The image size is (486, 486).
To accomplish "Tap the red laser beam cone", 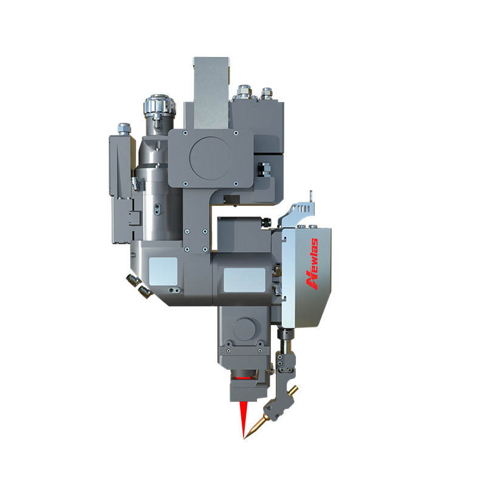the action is [x=244, y=419].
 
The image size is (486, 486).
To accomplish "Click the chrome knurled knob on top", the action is [x=159, y=105].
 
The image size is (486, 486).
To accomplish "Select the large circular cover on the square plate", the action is [x=211, y=159].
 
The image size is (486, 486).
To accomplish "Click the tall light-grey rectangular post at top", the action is [x=211, y=93].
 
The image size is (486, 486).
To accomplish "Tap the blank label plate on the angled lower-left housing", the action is [x=163, y=271].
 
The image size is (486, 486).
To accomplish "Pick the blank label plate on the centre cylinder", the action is [x=245, y=280].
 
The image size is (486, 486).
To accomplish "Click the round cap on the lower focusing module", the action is [x=245, y=329].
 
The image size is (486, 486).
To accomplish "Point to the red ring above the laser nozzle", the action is [x=245, y=378].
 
